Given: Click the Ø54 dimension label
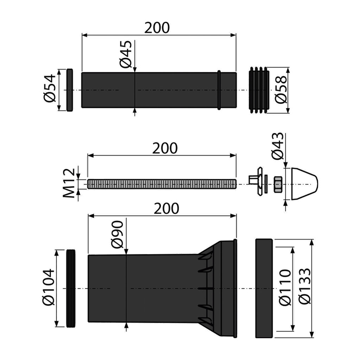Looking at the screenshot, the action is click(x=50, y=88).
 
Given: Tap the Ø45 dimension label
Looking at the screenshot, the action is click(x=126, y=54).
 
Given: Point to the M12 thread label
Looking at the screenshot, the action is click(x=69, y=183).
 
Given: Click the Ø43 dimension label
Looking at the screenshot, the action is click(x=277, y=146).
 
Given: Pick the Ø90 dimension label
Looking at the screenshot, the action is click(x=117, y=234).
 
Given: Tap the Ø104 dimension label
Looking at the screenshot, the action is click(x=49, y=287).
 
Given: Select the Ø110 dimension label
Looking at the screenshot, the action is click(x=285, y=288).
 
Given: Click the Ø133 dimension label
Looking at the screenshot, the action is click(x=305, y=286).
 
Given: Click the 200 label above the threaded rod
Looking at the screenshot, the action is click(x=165, y=148).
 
